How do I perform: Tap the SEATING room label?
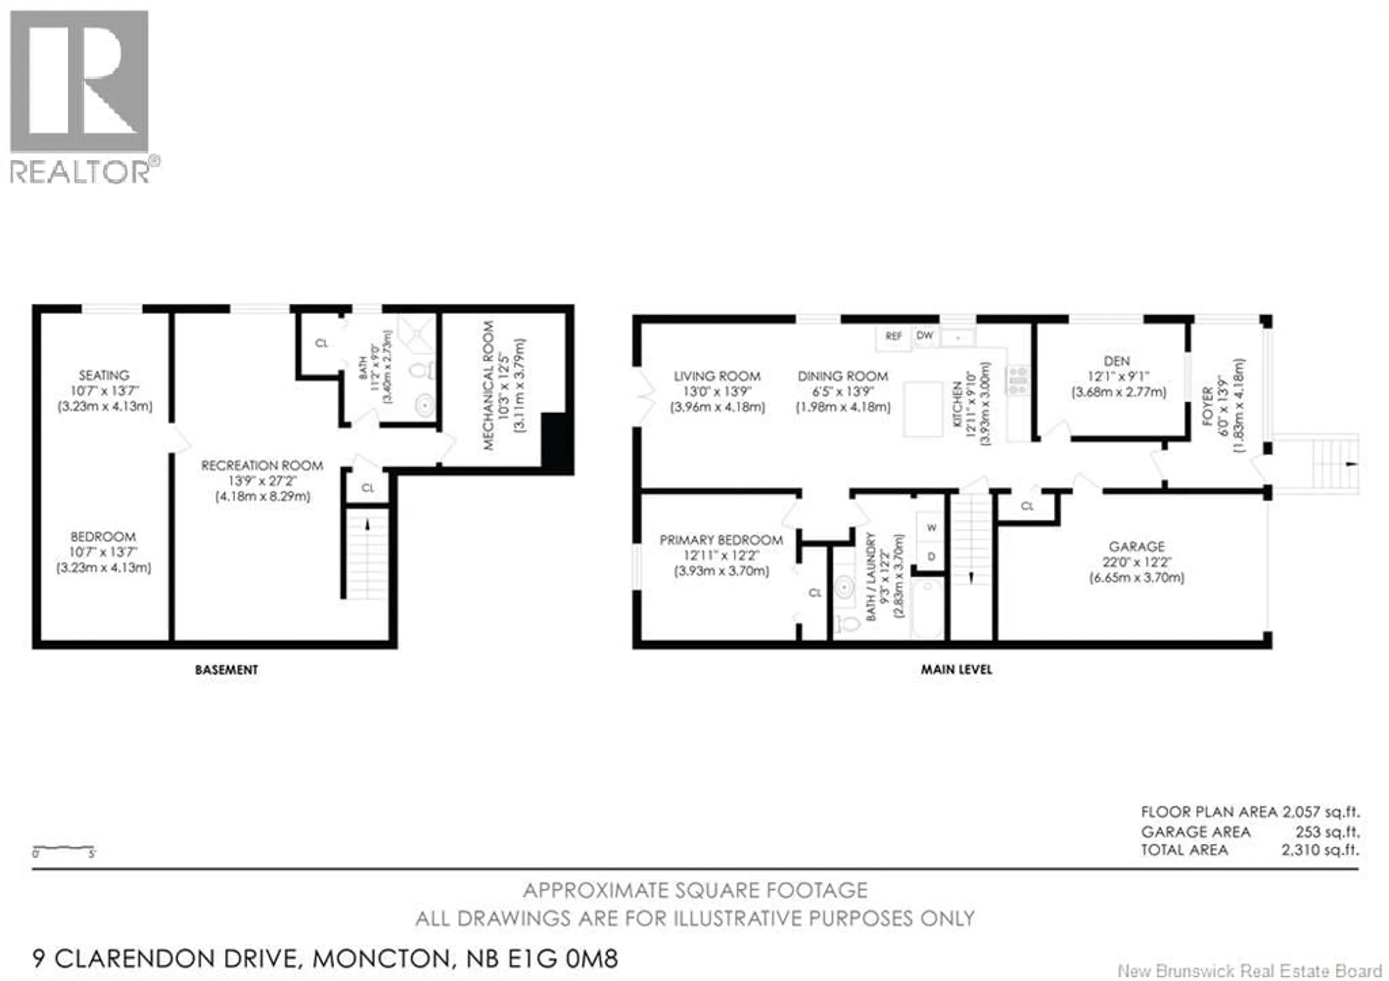click(104, 375)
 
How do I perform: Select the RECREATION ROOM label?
click(262, 465)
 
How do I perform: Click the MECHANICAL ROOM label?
click(489, 385)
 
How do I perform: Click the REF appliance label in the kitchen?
click(893, 336)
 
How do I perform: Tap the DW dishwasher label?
click(925, 335)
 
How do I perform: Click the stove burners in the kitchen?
click(1018, 380)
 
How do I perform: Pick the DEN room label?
click(1116, 361)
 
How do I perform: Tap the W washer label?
click(932, 528)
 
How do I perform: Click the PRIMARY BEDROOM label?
click(721, 540)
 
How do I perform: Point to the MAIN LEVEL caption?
click(956, 669)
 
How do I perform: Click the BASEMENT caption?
click(226, 669)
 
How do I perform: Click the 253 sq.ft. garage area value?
click(1327, 832)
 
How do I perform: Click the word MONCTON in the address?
click(381, 959)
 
